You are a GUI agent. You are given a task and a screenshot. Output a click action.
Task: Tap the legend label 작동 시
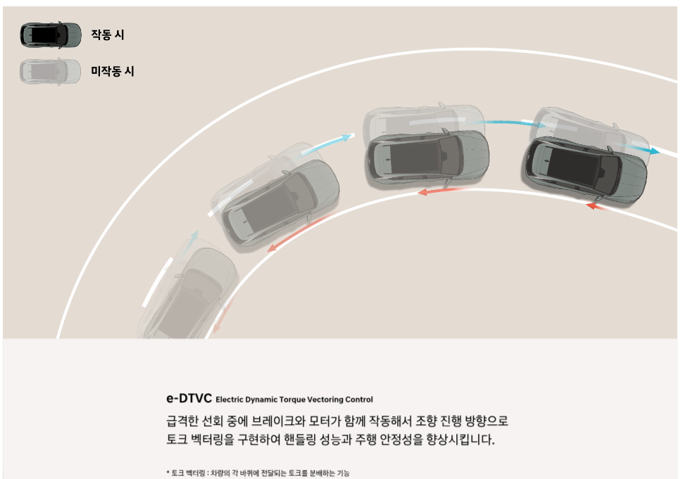coord(107,34)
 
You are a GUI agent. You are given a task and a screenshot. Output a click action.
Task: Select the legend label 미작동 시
coord(112,71)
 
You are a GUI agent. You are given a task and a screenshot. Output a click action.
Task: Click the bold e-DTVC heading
coord(189,399)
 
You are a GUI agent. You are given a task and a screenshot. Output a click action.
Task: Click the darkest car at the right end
coord(584,167)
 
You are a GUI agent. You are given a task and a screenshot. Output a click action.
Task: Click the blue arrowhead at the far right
coord(654,151)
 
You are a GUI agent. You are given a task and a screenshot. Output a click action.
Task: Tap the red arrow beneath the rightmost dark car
coord(598,207)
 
